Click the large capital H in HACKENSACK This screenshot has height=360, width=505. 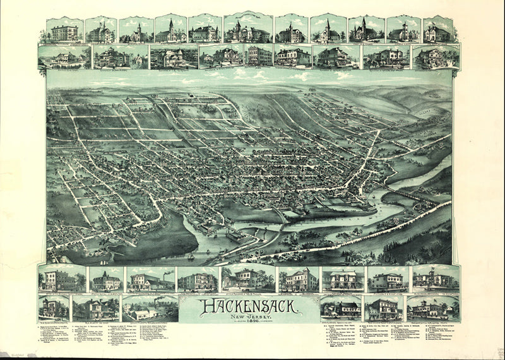point(205,307)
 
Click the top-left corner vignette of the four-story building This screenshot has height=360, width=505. point(64,32)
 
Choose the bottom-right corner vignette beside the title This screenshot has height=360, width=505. point(433,308)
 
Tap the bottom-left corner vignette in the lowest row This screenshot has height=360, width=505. point(54,308)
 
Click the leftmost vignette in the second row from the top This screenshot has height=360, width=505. point(64,57)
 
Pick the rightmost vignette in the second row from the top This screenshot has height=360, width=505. point(436,57)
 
